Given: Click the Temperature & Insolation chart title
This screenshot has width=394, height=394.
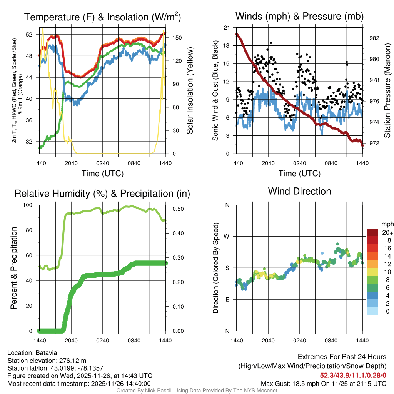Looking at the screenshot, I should [102, 17].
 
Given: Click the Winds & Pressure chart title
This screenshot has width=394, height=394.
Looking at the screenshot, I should [299, 16].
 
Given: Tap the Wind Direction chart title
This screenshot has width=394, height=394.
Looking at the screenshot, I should [299, 191].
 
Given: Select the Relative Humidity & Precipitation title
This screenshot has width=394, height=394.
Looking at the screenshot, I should [102, 194].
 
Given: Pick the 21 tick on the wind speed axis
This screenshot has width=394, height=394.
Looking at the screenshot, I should [227, 28].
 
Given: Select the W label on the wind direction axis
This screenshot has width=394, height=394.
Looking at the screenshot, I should [227, 236].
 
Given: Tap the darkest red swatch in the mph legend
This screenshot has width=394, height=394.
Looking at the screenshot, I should [372, 232].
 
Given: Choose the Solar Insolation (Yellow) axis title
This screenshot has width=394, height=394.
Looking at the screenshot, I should [189, 91].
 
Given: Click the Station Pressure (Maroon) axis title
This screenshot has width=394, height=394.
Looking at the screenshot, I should [387, 91].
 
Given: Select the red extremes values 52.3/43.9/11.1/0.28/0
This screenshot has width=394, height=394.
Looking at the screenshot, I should [353, 375].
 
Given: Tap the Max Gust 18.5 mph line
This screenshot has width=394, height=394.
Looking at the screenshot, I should [323, 383].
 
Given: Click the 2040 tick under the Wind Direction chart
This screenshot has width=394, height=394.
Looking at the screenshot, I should [268, 341].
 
